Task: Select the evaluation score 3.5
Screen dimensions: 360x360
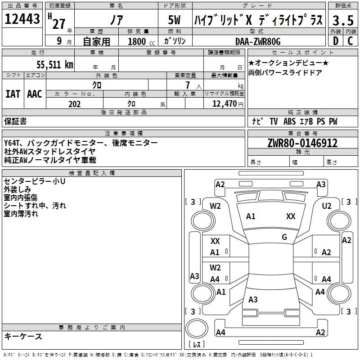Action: [342, 20]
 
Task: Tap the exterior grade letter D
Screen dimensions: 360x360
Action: [335, 41]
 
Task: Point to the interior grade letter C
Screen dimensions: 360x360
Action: [350, 41]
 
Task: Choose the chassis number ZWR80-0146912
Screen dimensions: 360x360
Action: [302, 143]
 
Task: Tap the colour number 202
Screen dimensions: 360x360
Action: [74, 104]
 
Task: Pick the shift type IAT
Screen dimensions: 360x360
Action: [13, 94]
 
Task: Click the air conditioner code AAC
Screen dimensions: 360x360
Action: [35, 94]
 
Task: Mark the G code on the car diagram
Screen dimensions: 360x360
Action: [284, 237]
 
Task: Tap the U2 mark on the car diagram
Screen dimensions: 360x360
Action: [327, 206]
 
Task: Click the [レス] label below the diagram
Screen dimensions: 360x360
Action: [197, 345]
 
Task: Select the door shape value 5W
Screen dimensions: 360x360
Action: [175, 21]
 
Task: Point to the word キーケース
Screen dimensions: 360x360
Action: [23, 336]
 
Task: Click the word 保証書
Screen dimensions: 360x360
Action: [15, 121]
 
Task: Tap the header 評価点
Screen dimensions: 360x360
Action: [342, 6]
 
